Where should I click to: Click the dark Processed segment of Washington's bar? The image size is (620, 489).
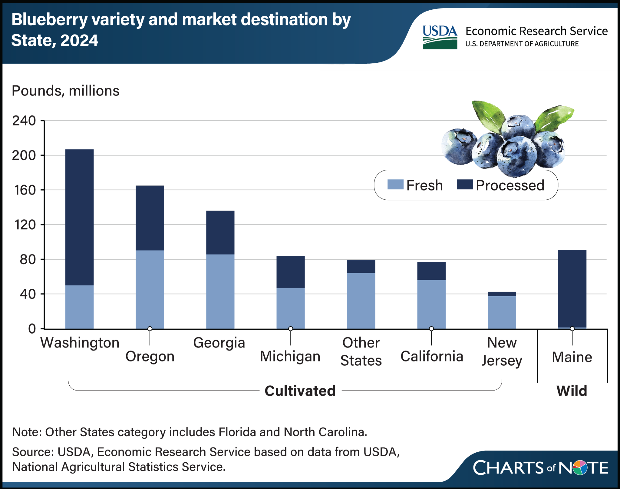click(x=79, y=217)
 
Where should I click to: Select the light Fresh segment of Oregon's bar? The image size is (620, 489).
click(x=150, y=289)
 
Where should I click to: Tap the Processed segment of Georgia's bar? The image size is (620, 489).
click(x=220, y=232)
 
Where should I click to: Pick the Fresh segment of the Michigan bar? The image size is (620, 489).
click(x=290, y=308)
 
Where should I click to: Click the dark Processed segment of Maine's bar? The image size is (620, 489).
click(x=572, y=288)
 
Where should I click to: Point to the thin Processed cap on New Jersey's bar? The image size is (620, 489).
click(x=502, y=294)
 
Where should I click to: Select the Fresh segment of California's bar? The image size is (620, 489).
click(x=431, y=304)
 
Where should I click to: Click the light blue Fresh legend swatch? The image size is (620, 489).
click(x=395, y=185)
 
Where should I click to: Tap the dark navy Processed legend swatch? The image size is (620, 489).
click(x=465, y=185)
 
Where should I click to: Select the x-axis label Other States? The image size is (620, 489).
click(x=361, y=351)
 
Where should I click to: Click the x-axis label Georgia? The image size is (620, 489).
click(x=219, y=343)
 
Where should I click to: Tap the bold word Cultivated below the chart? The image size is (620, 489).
click(x=300, y=391)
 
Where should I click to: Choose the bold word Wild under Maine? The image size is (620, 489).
click(x=572, y=391)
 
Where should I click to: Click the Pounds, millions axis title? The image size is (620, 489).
click(x=65, y=91)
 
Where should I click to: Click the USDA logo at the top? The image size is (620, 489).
click(x=440, y=37)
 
